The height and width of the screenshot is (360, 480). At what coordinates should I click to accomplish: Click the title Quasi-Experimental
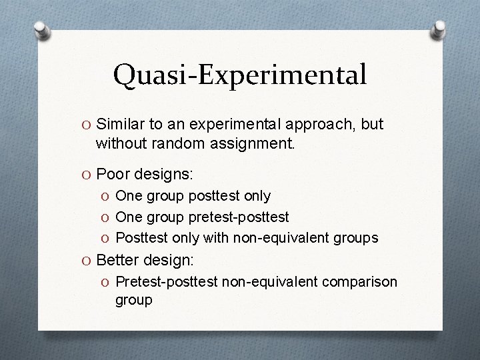coord(240,75)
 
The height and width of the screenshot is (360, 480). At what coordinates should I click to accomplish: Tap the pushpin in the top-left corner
coord(41,30)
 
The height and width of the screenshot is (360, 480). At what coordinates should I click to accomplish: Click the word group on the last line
coord(134,300)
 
